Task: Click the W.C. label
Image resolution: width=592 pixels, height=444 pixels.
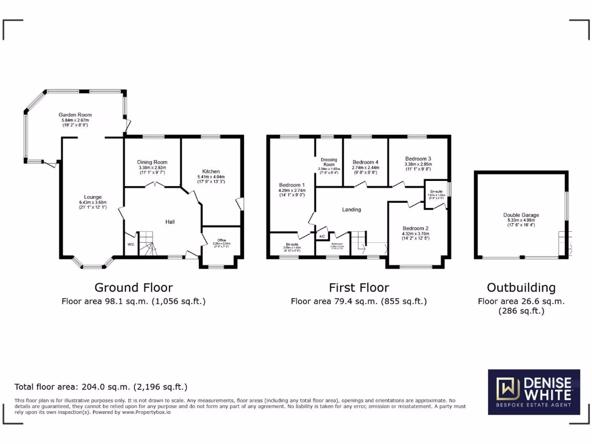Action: [131, 244]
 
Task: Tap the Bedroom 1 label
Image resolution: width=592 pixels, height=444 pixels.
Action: [291, 185]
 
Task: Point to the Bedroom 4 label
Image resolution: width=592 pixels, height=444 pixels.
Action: [365, 162]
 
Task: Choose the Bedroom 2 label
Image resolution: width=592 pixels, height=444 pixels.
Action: [416, 228]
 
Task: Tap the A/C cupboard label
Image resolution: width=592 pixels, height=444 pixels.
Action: [322, 236]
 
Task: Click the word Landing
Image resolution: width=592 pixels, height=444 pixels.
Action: [351, 209]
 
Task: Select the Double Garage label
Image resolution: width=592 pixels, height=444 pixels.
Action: [520, 215]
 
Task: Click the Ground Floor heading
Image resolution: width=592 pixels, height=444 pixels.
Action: [134, 287]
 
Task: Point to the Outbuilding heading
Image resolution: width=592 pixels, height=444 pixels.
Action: [521, 287]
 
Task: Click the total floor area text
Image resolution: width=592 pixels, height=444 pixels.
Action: [101, 387]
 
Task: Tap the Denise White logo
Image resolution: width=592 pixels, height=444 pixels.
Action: [534, 393]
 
